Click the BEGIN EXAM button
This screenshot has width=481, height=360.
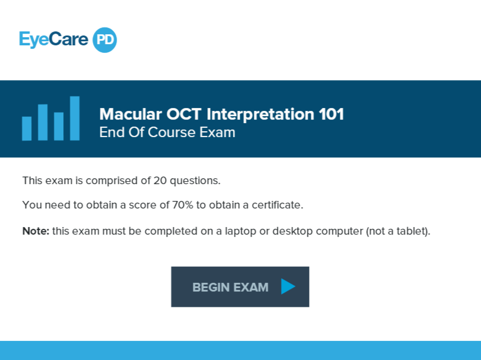[x=240, y=287]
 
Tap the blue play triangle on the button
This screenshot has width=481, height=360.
[x=288, y=286]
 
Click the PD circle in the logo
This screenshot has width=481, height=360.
[x=105, y=40]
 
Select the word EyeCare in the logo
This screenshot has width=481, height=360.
[x=53, y=39]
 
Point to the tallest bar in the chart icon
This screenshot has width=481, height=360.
[x=74, y=118]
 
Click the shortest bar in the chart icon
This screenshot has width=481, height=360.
[x=27, y=128]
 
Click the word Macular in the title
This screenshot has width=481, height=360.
[x=131, y=114]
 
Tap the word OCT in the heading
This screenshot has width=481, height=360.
[x=184, y=114]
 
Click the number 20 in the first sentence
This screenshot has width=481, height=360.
[x=160, y=181]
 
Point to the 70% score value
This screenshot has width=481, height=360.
[x=182, y=205]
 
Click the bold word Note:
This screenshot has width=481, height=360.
[x=35, y=231]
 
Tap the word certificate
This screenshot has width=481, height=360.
[x=277, y=205]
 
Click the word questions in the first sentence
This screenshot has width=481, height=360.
[x=195, y=181]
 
